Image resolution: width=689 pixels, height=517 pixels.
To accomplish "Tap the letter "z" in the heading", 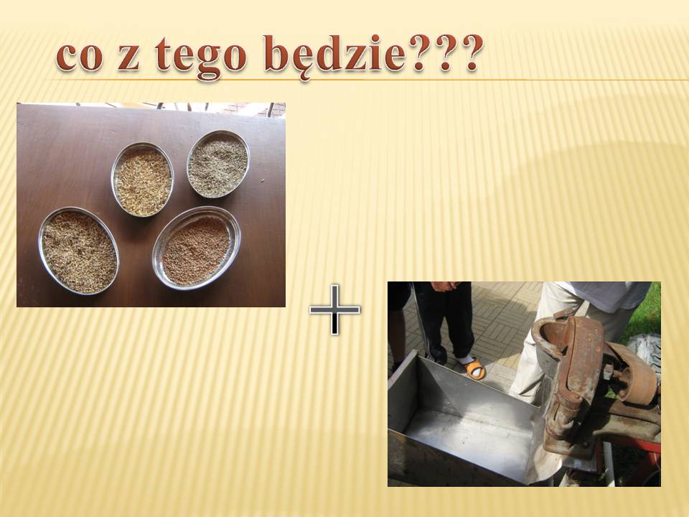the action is click(128, 58).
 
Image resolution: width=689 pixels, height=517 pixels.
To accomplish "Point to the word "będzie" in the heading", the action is click(334, 57).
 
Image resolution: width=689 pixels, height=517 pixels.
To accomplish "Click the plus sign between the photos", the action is click(335, 309).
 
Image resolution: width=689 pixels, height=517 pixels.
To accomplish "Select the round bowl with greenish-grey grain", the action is click(218, 164).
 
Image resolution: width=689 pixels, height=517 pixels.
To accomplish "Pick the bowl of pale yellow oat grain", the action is click(142, 180).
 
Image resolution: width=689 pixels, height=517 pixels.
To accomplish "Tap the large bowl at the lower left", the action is click(79, 251).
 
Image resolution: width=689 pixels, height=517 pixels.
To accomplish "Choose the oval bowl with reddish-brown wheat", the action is click(197, 248).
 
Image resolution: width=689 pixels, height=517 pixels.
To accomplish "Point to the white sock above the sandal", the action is click(467, 360).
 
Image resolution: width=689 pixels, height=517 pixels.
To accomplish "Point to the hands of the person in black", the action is click(445, 287).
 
